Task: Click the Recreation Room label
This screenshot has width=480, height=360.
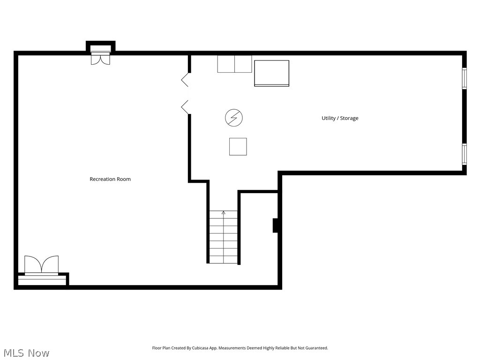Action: (110, 179)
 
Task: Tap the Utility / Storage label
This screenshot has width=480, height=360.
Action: (340, 118)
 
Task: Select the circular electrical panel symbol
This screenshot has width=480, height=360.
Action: (234, 118)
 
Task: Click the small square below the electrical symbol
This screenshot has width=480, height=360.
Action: (238, 147)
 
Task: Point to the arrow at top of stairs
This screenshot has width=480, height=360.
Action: (223, 213)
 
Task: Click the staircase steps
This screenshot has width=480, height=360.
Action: (224, 239)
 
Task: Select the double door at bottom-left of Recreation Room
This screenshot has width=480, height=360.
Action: (42, 265)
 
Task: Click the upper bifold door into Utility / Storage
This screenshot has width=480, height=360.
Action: (185, 79)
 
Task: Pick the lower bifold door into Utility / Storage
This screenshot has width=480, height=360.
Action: (185, 107)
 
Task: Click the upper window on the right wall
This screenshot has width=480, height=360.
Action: (464, 78)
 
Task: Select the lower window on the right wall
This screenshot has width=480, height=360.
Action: (464, 154)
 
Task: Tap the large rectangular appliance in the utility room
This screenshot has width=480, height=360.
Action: (271, 73)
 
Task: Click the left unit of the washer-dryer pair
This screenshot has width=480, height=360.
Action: (226, 64)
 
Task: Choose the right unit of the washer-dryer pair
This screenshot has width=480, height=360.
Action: (243, 64)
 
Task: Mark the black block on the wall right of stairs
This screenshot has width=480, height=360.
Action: (276, 225)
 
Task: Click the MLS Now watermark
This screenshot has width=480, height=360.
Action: (26, 353)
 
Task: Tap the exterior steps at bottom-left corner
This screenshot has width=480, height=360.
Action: (42, 280)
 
